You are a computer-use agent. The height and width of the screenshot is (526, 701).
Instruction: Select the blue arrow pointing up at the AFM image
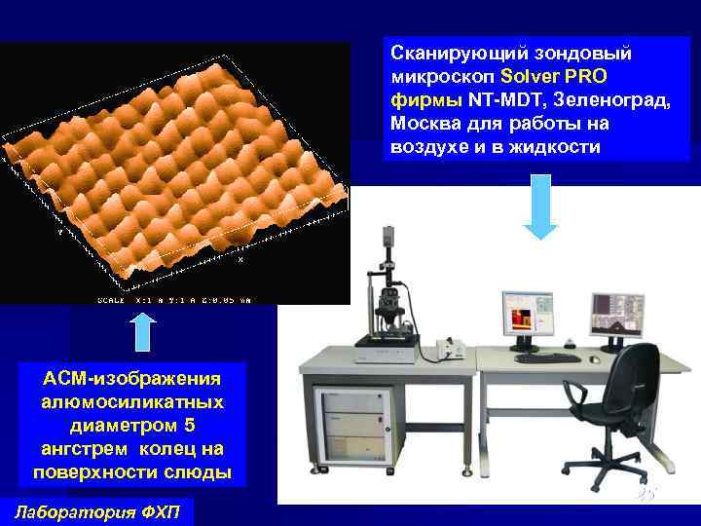[142, 330]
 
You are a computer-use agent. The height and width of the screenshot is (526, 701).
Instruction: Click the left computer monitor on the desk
[526, 316]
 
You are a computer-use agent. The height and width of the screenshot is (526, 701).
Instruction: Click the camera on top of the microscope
[388, 235]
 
